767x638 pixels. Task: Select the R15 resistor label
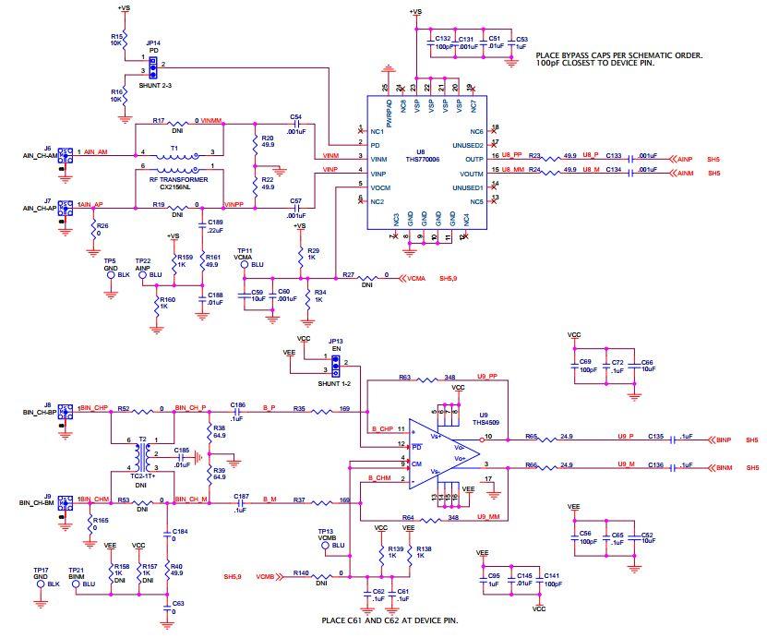(116, 37)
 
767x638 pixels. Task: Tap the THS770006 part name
(421, 159)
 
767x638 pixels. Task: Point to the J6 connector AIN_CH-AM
(65, 156)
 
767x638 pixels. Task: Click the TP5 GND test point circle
(110, 275)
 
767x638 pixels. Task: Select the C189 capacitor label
(215, 222)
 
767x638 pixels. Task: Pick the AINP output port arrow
(685, 158)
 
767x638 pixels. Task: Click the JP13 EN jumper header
(337, 363)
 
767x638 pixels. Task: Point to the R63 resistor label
(404, 378)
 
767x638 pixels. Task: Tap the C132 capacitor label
(442, 39)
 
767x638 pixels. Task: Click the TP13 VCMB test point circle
(325, 546)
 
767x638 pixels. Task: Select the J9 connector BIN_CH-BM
(65, 503)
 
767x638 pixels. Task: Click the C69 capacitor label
(584, 362)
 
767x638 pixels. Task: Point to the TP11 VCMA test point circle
(245, 265)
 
